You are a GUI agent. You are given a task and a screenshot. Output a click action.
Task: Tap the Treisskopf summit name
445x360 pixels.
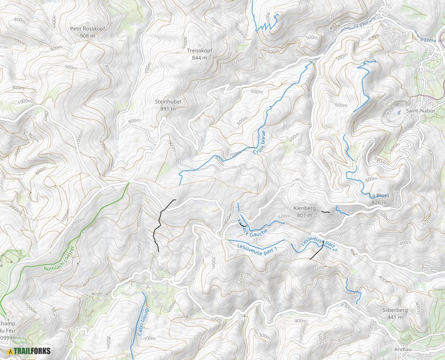click(x=199, y=51)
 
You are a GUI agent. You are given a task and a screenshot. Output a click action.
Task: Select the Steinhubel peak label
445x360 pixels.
click(x=168, y=102)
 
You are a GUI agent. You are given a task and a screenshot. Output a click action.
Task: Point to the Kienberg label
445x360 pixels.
click(x=305, y=208)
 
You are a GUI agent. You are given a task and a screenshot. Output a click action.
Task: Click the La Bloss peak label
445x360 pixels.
click(x=379, y=196)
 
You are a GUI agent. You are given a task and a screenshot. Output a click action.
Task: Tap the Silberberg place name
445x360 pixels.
click(x=395, y=310)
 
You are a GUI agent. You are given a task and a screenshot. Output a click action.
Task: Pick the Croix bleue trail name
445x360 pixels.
click(x=258, y=143)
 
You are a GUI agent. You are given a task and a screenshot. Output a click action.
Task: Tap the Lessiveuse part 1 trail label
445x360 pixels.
click(x=257, y=247)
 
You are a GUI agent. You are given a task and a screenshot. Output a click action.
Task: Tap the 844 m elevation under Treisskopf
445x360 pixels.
click(x=199, y=58)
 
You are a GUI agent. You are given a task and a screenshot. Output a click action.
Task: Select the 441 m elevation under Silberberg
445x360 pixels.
click(x=395, y=317)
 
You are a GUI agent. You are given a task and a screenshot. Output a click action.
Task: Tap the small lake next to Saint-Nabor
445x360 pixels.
click(x=399, y=112)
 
